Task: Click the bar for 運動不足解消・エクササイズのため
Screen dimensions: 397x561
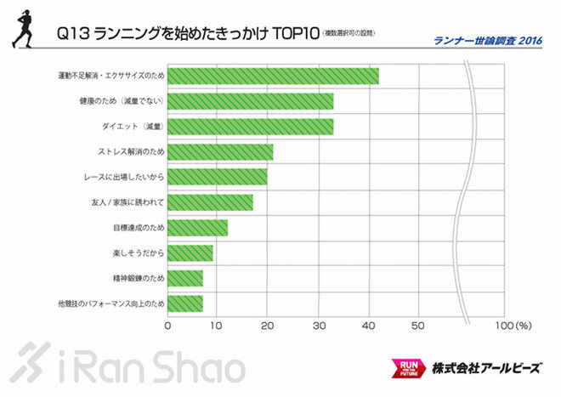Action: pos(273,76)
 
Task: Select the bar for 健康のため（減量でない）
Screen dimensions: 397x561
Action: pos(250,101)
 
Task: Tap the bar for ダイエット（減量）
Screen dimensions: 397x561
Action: pos(250,127)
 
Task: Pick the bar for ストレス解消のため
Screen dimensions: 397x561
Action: pos(220,152)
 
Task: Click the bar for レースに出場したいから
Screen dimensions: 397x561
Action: pos(218,177)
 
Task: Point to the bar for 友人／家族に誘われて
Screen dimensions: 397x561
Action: pos(210,202)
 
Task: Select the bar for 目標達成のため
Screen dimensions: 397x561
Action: pos(198,228)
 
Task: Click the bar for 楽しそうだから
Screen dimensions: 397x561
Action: pos(190,253)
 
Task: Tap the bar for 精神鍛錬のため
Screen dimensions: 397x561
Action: pos(185,278)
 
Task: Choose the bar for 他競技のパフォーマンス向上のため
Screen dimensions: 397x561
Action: pos(185,303)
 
